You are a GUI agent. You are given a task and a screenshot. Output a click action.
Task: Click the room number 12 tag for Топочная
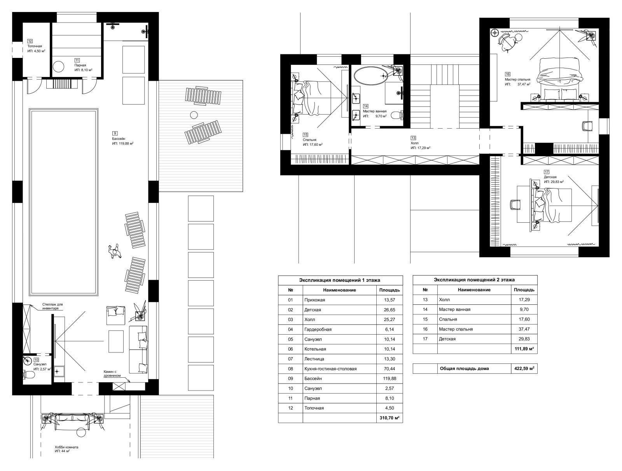click(30, 41)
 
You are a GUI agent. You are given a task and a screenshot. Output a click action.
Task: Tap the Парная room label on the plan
click(80, 65)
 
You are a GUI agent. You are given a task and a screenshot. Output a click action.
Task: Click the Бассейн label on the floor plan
click(119, 139)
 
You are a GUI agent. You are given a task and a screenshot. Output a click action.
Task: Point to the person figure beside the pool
click(114, 251)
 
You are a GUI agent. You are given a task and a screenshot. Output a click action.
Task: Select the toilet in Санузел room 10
click(29, 375)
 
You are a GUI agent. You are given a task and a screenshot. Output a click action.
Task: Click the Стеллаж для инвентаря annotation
click(52, 307)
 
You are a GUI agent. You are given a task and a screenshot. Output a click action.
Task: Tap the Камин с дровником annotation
click(112, 373)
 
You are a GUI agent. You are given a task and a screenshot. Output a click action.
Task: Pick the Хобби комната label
click(66, 448)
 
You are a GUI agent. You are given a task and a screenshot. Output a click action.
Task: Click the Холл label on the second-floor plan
click(414, 143)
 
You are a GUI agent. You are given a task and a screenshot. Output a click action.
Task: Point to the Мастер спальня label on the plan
click(517, 80)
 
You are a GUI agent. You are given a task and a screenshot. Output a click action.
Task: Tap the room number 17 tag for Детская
click(547, 172)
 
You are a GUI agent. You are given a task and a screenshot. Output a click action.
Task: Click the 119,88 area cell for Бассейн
click(390, 379)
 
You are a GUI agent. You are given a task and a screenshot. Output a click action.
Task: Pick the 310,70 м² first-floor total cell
click(390, 418)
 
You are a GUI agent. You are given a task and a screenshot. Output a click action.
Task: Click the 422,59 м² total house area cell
click(524, 368)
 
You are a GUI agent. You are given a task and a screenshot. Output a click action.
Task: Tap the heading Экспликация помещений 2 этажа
click(474, 280)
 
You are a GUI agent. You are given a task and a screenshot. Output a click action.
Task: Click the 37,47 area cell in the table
click(524, 329)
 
